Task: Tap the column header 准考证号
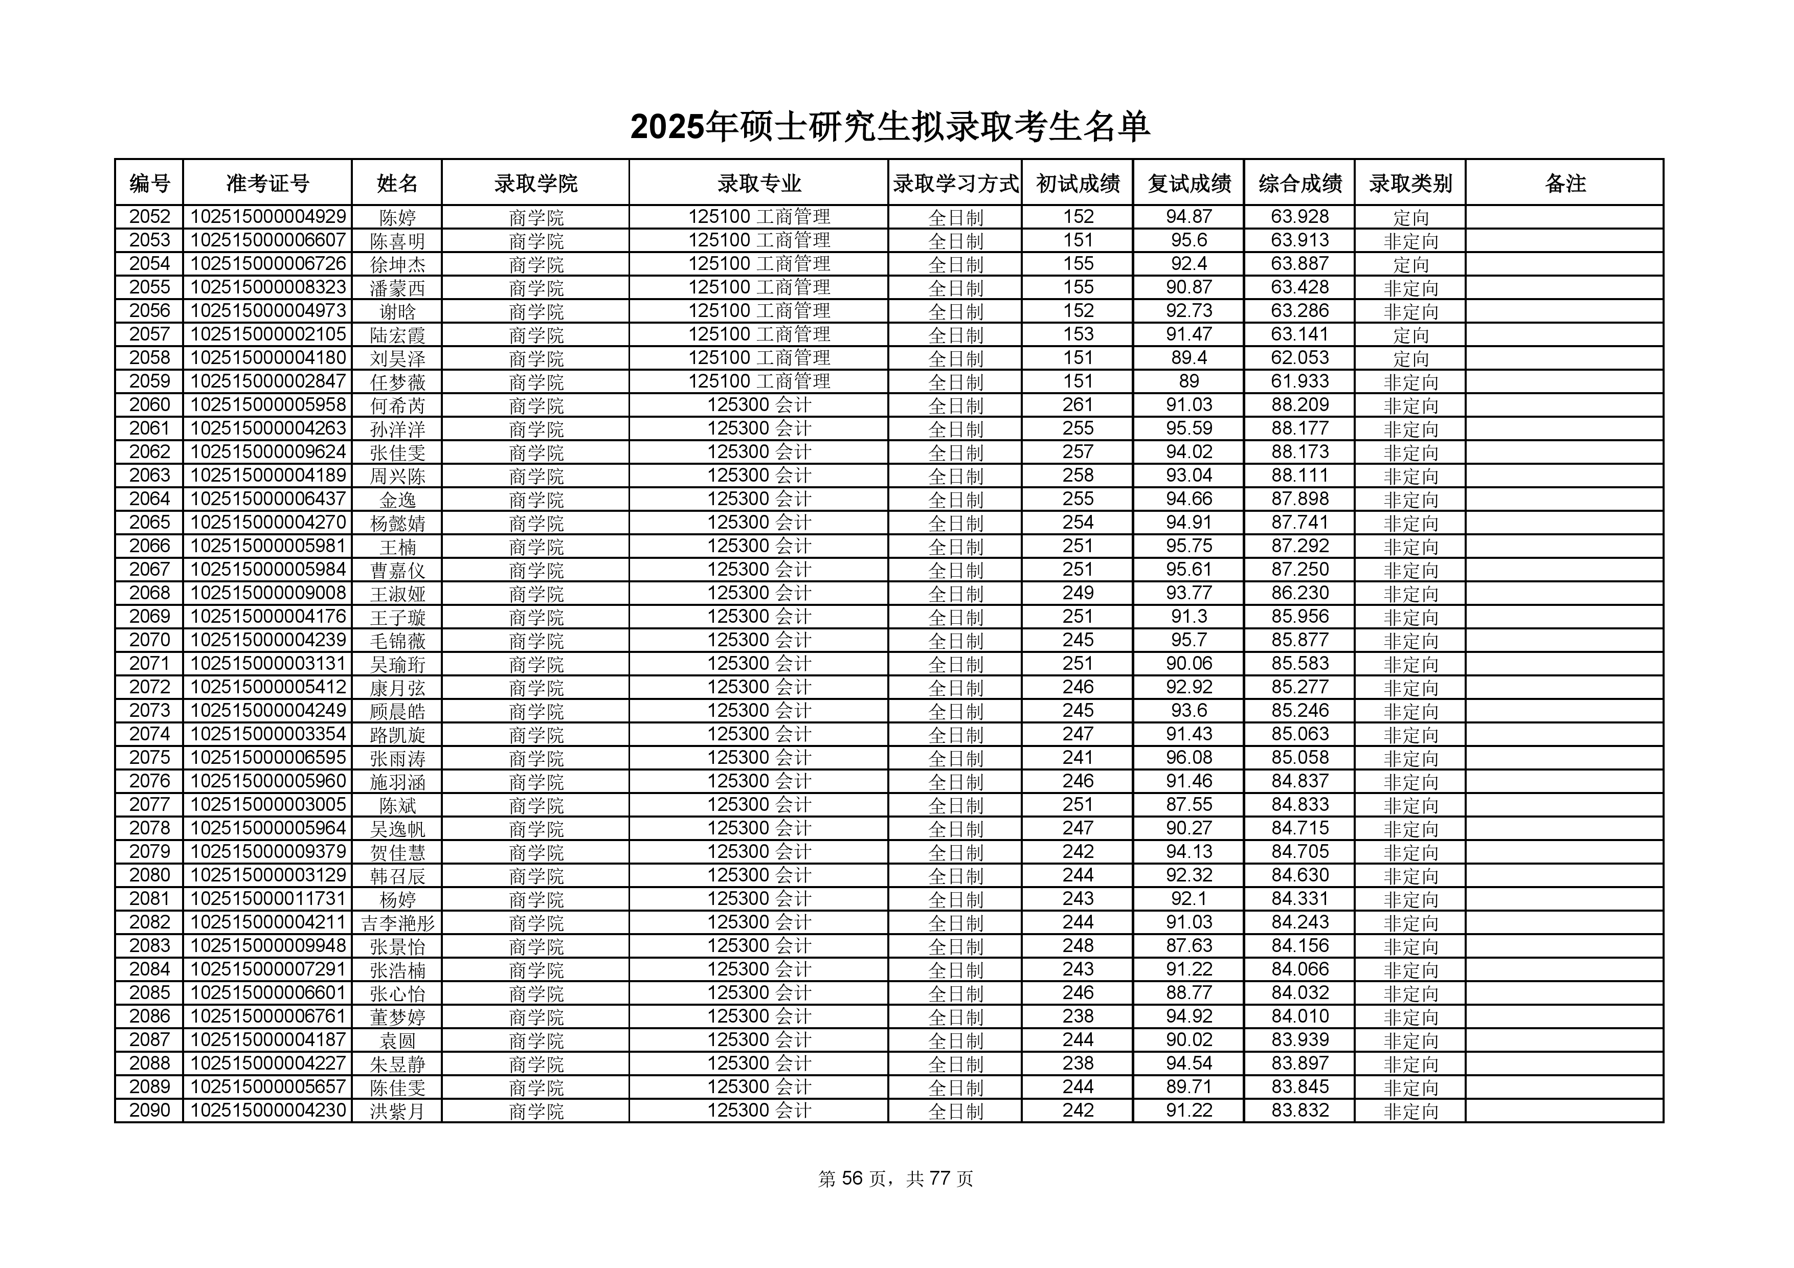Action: [267, 184]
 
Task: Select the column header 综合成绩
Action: [1299, 184]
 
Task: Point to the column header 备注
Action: [1565, 184]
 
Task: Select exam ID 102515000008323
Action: [268, 287]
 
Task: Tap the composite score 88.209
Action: [1299, 405]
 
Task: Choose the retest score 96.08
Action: [1188, 758]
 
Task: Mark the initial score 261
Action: [1078, 405]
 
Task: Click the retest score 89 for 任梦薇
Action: [1188, 381]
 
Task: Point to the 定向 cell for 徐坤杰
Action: [1410, 264]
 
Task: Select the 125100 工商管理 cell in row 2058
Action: [759, 358]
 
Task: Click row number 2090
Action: [149, 1110]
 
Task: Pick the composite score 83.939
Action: [1299, 1040]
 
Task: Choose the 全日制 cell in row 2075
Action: [955, 758]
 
